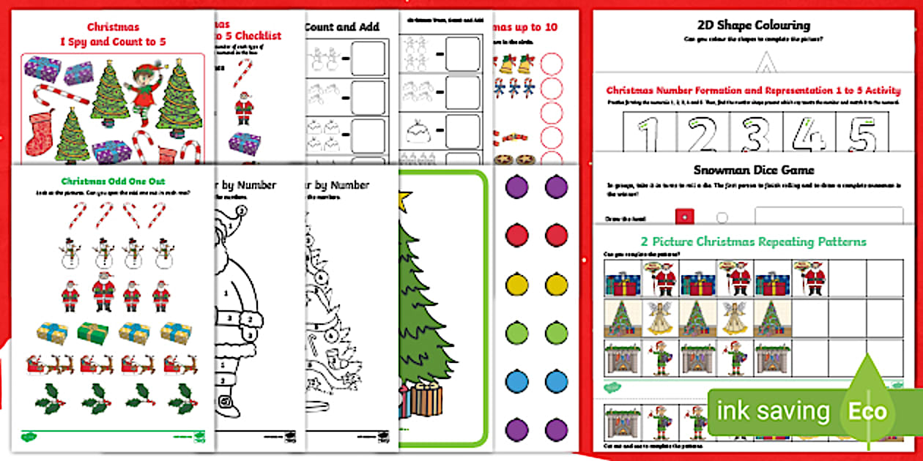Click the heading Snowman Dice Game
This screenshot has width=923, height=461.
(754, 170)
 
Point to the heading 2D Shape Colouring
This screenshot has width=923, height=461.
(753, 26)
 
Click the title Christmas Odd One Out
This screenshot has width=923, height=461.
(113, 181)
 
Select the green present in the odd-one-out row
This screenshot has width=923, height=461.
(92, 331)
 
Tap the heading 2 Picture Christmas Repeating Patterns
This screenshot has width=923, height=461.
(754, 241)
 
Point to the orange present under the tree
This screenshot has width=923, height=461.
(426, 400)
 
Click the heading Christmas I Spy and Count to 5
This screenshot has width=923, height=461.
(113, 34)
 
